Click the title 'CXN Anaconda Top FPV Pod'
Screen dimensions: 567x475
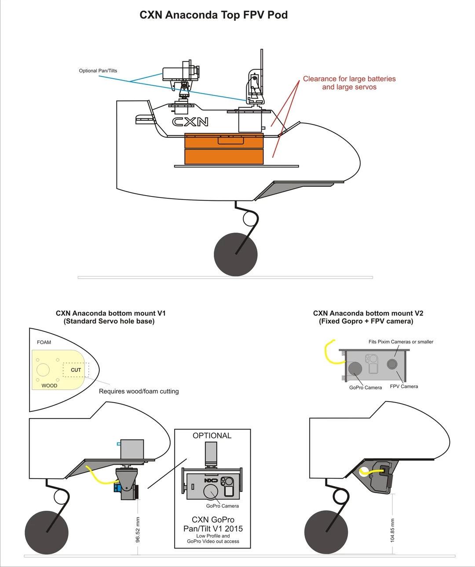click(213, 15)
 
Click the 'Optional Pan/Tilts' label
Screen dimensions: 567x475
click(98, 71)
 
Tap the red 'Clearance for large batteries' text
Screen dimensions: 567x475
click(349, 79)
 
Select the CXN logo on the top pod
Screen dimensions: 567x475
click(190, 122)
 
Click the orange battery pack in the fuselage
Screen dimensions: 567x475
click(224, 149)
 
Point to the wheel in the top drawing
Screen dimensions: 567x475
click(235, 254)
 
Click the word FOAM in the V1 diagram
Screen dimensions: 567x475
click(44, 342)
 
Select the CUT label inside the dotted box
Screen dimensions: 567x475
click(76, 370)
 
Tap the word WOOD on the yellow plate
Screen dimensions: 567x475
click(49, 386)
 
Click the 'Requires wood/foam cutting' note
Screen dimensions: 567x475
click(139, 391)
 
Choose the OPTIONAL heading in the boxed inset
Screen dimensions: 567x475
click(212, 436)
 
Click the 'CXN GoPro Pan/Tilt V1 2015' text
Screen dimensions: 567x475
click(213, 524)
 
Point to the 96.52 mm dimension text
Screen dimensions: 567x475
click(138, 530)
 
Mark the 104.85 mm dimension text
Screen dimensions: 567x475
click(393, 530)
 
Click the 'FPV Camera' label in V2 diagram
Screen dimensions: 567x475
click(404, 387)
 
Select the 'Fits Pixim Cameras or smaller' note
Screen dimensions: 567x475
click(401, 342)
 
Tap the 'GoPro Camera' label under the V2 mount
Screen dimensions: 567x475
click(365, 388)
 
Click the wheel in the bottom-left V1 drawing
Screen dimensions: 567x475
click(47, 532)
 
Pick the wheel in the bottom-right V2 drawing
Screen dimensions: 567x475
click(326, 532)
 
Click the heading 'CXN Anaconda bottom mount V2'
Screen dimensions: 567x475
click(368, 313)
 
